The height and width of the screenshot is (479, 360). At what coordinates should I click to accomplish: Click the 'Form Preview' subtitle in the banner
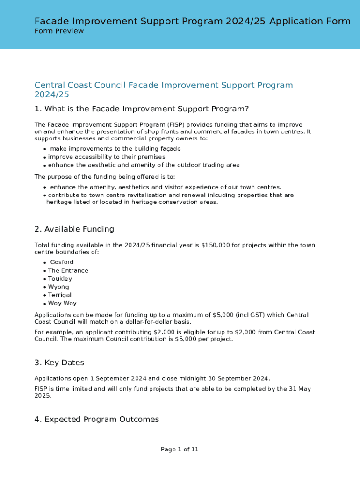pos(59,31)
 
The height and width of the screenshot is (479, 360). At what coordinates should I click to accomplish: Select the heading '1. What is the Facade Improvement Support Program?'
pos(141,109)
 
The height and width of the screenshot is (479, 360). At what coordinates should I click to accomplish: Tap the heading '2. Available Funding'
pos(74,229)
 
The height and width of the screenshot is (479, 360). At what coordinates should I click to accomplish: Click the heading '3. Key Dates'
pos(59,363)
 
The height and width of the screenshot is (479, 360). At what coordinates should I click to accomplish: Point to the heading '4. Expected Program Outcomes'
pos(96,419)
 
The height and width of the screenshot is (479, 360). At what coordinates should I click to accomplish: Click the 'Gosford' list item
pos(62,262)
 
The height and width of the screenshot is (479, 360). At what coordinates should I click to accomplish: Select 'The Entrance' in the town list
pos(68,271)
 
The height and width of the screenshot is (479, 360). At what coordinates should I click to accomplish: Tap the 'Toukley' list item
pos(60,279)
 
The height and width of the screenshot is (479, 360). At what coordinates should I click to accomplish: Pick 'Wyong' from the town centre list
pos(58,287)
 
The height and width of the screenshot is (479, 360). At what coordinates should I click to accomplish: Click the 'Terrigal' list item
pos(60,295)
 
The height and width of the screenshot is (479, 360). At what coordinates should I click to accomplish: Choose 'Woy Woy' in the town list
pos(62,304)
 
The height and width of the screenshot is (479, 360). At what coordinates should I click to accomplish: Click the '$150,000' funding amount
pos(215,245)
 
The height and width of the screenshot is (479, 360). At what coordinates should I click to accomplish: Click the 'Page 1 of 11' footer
pos(180,450)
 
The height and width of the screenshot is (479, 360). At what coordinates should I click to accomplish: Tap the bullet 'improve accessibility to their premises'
pos(107,157)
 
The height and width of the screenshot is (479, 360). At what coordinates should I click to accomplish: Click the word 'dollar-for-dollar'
pos(135,322)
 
